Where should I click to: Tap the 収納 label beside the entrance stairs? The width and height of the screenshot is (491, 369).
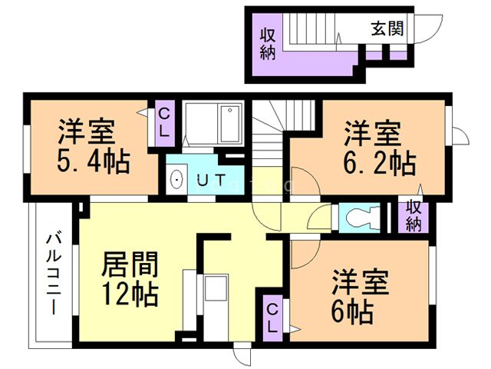[x=267, y=44]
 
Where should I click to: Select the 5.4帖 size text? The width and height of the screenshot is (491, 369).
[x=92, y=162]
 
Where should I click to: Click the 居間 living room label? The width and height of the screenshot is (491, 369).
[x=130, y=265]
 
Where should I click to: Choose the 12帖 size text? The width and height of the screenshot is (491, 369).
[x=130, y=294]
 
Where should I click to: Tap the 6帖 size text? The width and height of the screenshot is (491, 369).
[x=353, y=311]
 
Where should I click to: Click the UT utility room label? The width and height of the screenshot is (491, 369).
[x=210, y=181]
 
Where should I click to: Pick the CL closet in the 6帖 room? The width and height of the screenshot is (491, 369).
[x=272, y=316]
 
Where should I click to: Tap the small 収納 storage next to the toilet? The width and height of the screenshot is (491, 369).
[x=413, y=216]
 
